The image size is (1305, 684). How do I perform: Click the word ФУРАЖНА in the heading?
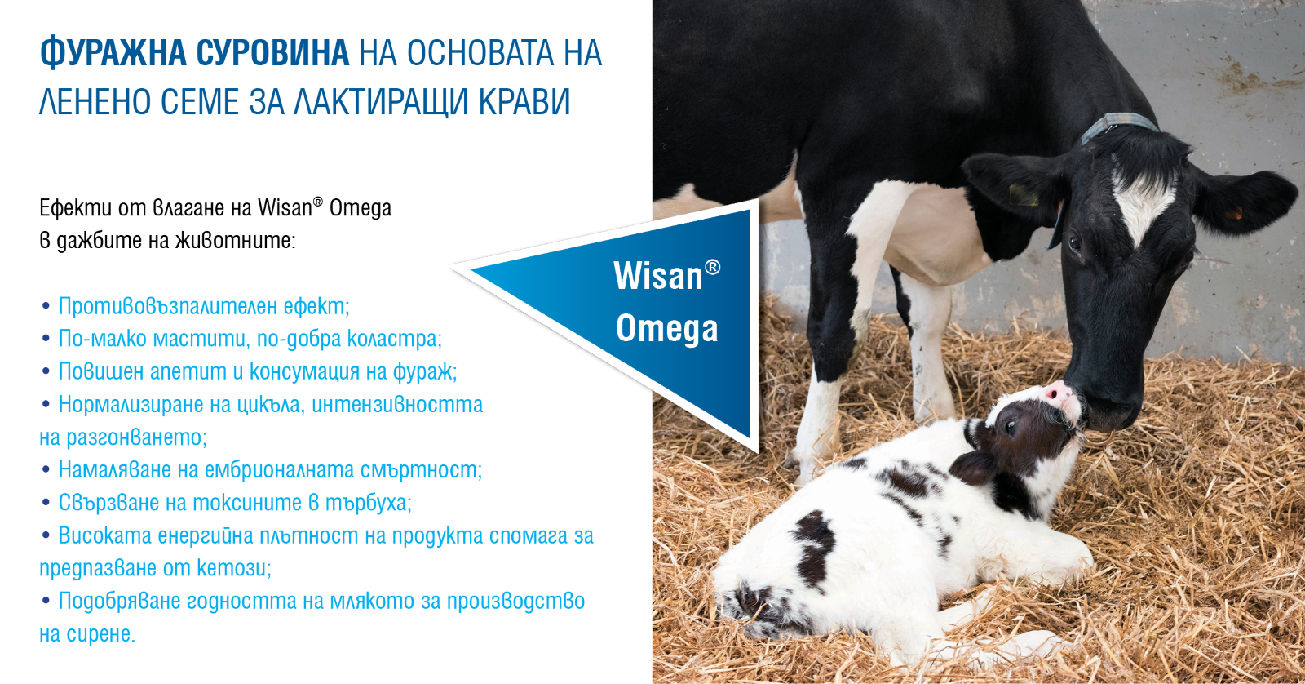pyautogui.click(x=113, y=53)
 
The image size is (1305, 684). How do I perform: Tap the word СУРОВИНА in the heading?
pyautogui.click(x=272, y=53)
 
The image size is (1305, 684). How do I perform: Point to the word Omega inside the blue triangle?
pyautogui.click(x=667, y=330)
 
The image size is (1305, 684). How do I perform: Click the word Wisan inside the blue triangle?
pyautogui.click(x=657, y=276)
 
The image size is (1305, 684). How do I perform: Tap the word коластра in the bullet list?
pyautogui.click(x=395, y=339)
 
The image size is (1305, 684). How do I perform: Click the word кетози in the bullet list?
pyautogui.click(x=233, y=568)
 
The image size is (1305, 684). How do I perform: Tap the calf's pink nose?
pyautogui.click(x=1059, y=393)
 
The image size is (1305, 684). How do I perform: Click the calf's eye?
pyautogui.click(x=1010, y=428)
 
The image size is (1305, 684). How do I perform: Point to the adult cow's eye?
pyautogui.click(x=1073, y=242)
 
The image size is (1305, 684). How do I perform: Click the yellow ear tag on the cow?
pyautogui.click(x=1024, y=194)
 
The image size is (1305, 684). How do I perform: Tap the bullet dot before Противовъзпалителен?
pyautogui.click(x=46, y=307)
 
